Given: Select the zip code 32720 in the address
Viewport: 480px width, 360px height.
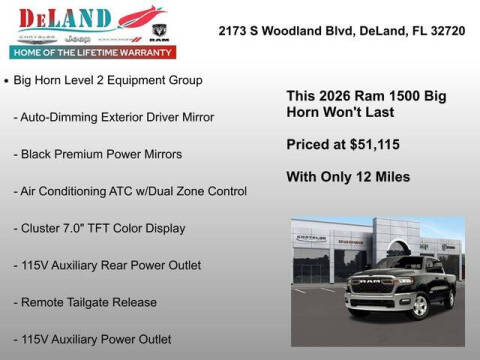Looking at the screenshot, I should [x=448, y=31].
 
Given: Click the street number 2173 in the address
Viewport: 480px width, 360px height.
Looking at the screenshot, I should [x=234, y=31].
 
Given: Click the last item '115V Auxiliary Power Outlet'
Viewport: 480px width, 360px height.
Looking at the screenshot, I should [x=93, y=339].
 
